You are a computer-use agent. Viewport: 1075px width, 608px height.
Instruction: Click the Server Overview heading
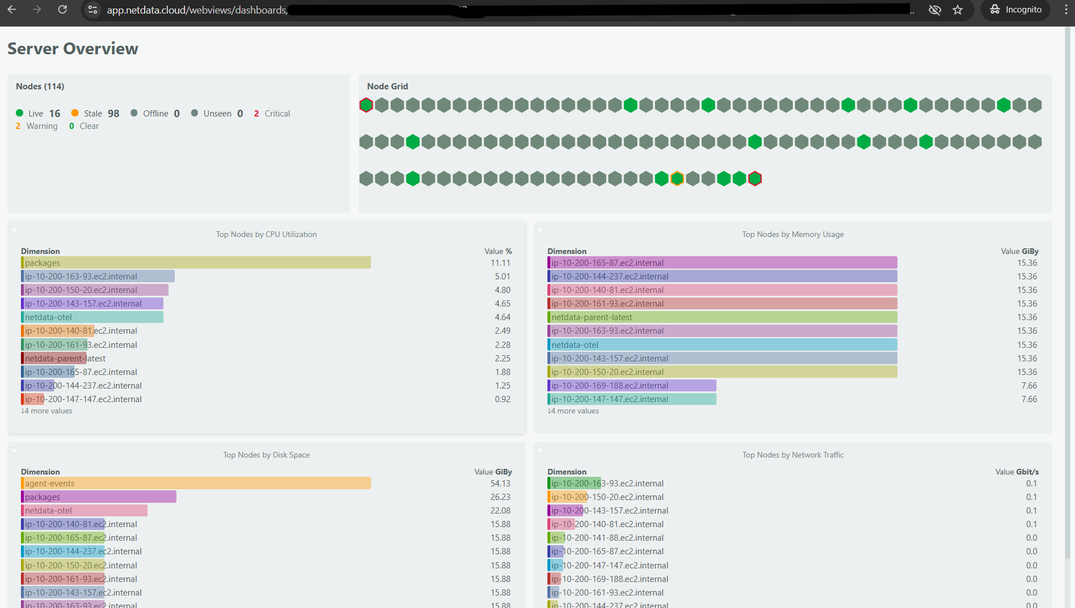click(x=73, y=49)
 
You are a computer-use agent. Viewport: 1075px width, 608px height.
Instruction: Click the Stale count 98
click(x=113, y=114)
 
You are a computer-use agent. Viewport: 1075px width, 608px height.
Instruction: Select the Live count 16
click(x=54, y=114)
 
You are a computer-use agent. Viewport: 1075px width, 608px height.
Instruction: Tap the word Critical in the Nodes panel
click(x=277, y=114)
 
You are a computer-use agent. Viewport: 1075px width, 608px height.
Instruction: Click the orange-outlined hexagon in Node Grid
click(x=677, y=179)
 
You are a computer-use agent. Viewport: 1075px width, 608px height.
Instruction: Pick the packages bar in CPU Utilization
click(x=196, y=263)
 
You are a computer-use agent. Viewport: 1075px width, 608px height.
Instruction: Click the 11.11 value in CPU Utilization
click(x=500, y=263)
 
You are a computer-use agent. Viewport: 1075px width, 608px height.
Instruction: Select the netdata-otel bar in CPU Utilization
click(x=92, y=317)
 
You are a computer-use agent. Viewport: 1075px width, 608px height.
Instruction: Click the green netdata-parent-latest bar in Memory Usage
click(x=722, y=317)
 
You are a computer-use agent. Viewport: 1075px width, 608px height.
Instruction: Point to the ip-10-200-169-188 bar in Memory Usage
click(x=631, y=386)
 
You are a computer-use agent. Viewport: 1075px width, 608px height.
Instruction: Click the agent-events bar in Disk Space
click(x=196, y=484)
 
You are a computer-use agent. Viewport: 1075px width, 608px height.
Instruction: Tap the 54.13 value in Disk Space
click(x=500, y=484)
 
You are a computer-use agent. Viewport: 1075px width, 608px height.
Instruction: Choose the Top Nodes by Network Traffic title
click(x=793, y=455)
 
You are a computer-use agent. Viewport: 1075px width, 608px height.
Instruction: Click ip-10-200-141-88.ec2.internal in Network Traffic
click(x=607, y=538)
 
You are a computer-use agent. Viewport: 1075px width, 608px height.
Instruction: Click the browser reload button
click(x=63, y=10)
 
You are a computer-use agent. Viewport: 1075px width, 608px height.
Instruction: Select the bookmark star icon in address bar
click(x=957, y=10)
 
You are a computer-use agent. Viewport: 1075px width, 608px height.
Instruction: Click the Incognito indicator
click(x=1016, y=10)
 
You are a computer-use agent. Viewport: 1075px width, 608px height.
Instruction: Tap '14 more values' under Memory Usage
click(x=573, y=411)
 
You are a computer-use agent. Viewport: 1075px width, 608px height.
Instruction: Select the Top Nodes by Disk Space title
click(x=266, y=455)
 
